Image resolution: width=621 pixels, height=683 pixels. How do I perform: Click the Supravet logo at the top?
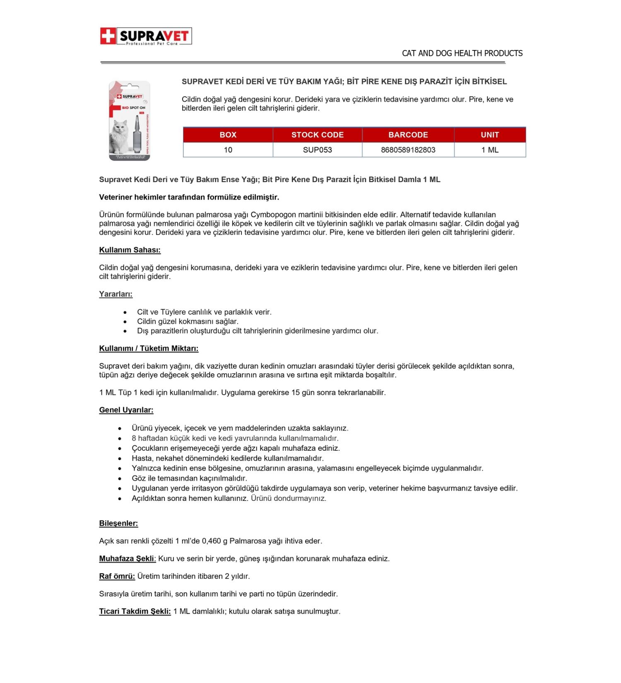tap(146, 36)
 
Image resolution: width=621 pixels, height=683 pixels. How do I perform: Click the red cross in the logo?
tap(108, 36)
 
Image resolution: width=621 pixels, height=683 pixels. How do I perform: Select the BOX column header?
tap(228, 135)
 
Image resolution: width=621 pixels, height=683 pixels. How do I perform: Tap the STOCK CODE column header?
tap(317, 135)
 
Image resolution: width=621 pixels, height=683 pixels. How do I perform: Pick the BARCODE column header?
tap(408, 135)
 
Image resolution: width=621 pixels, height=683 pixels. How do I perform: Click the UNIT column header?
tap(490, 135)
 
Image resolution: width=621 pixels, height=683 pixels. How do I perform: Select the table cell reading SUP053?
tap(317, 150)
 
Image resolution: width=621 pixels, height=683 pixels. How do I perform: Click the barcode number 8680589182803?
tap(408, 150)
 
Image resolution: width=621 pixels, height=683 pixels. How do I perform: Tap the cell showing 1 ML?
tap(490, 150)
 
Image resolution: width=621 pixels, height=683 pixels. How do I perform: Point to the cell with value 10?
tap(228, 150)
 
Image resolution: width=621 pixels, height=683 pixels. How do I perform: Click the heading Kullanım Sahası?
tap(130, 250)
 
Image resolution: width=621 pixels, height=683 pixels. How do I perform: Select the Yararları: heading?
tap(116, 294)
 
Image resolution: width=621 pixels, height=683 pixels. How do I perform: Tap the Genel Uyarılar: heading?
tap(126, 410)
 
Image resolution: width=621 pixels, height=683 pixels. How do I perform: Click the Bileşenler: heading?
tap(118, 523)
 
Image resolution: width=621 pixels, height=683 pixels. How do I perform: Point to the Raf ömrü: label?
tap(117, 576)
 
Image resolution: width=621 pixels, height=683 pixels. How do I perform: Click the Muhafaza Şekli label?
tap(127, 559)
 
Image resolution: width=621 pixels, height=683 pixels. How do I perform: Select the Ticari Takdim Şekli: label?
tap(135, 611)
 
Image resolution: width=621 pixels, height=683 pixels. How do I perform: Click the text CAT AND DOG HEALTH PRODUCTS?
tap(462, 53)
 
